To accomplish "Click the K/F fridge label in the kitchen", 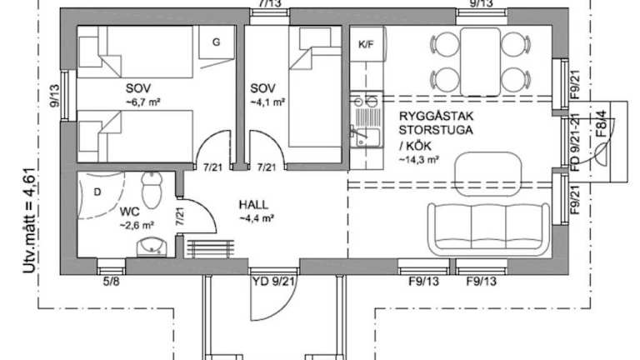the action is [366, 44].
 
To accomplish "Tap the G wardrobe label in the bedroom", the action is [217, 42].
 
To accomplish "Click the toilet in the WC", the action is [152, 190].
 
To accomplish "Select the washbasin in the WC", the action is [152, 247].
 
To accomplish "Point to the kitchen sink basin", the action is [367, 137].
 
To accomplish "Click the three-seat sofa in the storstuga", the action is [488, 227].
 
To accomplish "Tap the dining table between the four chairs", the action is [480, 62].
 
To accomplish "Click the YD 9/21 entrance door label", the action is [274, 282].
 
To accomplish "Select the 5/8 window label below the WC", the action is [111, 282].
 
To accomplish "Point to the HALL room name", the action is [253, 204].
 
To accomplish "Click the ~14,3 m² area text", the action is [419, 160].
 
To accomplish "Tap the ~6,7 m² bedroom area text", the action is [142, 102].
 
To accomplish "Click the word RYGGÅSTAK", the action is [436, 116].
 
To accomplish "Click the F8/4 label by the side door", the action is [600, 123].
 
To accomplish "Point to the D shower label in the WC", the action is [97, 192].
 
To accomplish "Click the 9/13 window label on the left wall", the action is [54, 96].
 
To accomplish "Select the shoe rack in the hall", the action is [211, 248].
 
